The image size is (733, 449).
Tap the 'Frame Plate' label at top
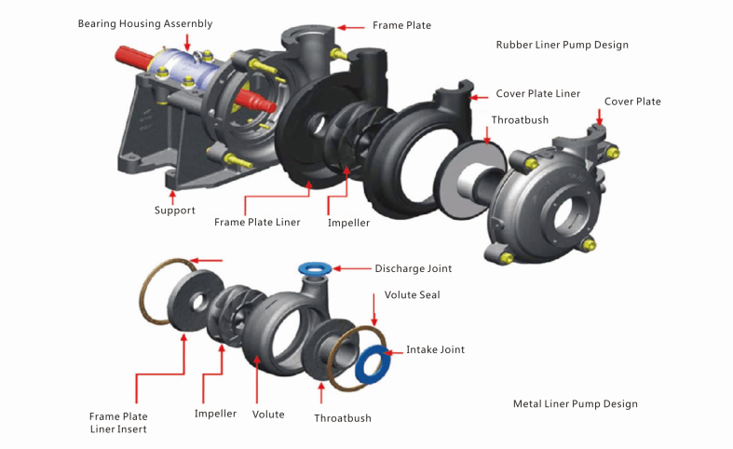point(401,25)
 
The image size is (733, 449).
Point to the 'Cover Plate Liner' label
point(537,94)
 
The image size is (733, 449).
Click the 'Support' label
point(175,211)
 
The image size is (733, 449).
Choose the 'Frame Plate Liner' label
point(257,223)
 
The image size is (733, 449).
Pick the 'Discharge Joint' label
point(413,268)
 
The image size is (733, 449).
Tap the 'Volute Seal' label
point(412,295)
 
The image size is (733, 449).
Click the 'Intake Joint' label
point(435,349)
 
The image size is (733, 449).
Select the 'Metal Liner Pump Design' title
point(575,403)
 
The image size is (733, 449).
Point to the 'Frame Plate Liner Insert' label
point(118,422)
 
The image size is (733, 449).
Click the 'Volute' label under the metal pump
point(268,414)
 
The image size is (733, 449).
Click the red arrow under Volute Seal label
point(387,319)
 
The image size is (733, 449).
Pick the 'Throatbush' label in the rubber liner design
point(520,120)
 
